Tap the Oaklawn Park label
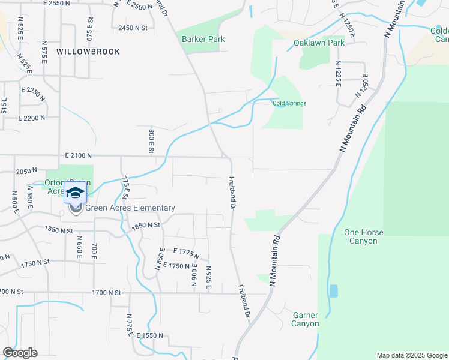319,43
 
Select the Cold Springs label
289,103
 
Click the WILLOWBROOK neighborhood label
88,52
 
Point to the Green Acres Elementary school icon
76,193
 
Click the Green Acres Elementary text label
130,208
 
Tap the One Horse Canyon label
361,236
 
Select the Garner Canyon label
305,319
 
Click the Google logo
20,353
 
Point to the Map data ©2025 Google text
411,355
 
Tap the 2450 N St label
133,28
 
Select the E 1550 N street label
150,336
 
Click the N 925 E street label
208,278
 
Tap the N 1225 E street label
339,73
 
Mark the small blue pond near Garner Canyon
333,291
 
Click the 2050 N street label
27,171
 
